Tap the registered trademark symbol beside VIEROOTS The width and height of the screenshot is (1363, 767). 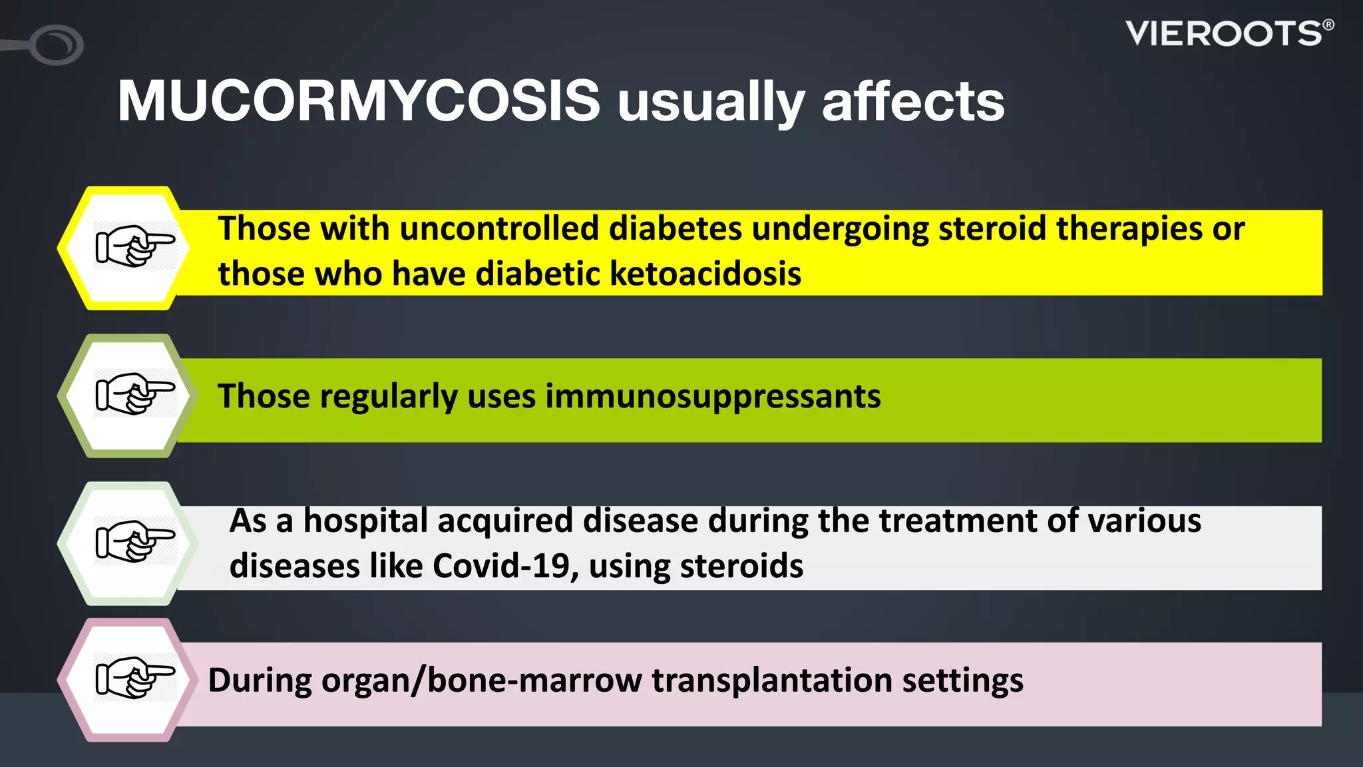pyautogui.click(x=1328, y=25)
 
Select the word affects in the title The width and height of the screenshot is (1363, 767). pyautogui.click(x=913, y=101)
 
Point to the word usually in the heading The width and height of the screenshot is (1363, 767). pyautogui.click(x=711, y=104)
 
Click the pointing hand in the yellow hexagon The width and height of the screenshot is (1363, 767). pyautogui.click(x=135, y=246)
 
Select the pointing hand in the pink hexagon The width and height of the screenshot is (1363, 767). pyautogui.click(x=135, y=677)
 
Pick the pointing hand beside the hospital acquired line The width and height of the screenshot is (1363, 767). pyautogui.click(x=135, y=541)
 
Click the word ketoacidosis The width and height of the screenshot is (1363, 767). pyautogui.click(x=705, y=274)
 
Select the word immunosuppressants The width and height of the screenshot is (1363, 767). pyautogui.click(x=713, y=397)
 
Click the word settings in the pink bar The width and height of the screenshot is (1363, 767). pyautogui.click(x=962, y=680)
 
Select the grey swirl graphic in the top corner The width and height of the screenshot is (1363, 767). pyautogui.click(x=56, y=45)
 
